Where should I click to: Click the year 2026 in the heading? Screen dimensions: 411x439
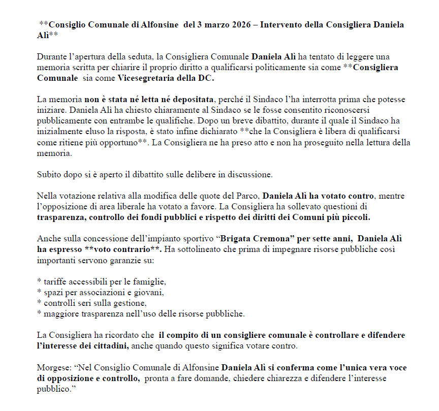click(238, 24)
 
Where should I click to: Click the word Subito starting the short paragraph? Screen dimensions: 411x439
click(49, 174)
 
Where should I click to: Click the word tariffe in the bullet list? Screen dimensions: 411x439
click(56, 281)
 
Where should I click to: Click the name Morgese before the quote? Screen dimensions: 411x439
click(52, 367)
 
